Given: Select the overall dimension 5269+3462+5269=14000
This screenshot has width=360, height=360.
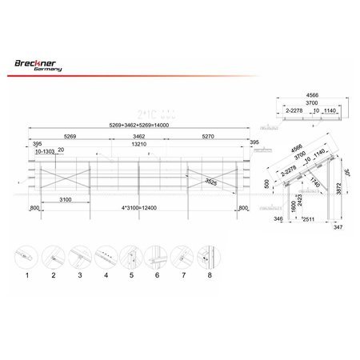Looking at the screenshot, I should [x=138, y=126].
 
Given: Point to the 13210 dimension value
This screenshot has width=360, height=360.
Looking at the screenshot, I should [x=138, y=146].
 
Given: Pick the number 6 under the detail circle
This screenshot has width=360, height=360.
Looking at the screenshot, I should [x=158, y=275].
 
